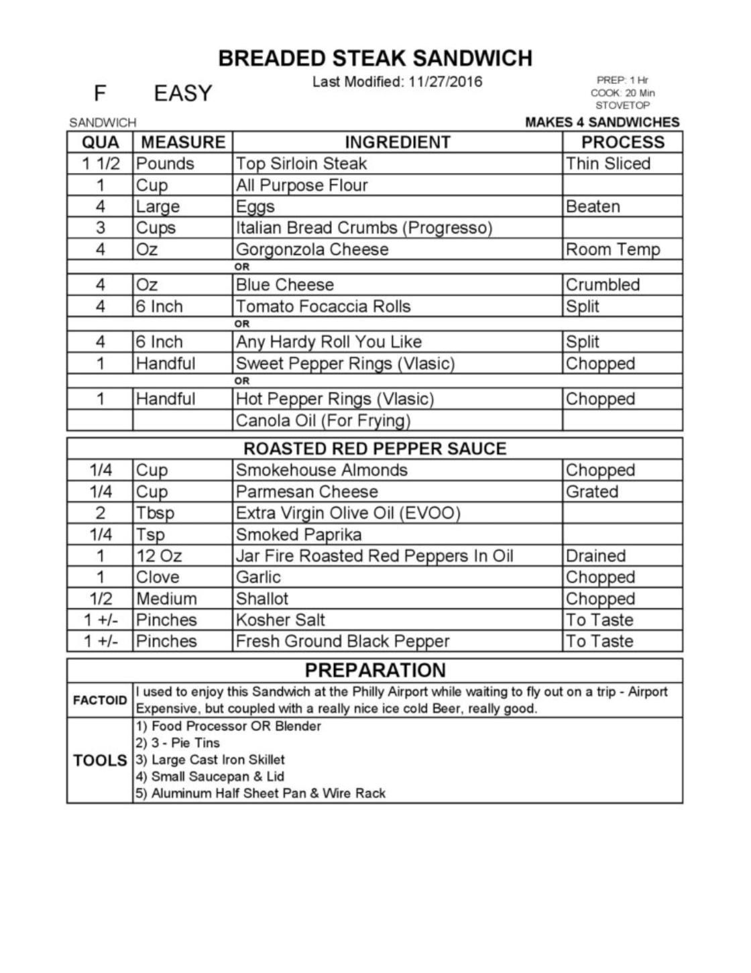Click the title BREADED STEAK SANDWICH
click(375, 58)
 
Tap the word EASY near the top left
click(182, 93)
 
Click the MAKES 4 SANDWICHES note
click(602, 122)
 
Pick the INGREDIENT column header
click(397, 142)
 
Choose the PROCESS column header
click(622, 142)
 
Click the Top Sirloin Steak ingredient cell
click(302, 164)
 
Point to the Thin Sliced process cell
click(608, 164)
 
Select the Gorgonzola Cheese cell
click(312, 249)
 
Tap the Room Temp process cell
click(612, 249)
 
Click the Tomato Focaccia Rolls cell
click(323, 306)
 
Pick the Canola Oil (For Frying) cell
click(323, 420)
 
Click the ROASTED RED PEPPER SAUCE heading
click(375, 449)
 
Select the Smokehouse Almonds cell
click(321, 470)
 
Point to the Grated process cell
click(592, 492)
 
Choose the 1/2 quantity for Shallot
click(100, 599)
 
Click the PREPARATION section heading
click(375, 670)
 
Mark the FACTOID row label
click(100, 700)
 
